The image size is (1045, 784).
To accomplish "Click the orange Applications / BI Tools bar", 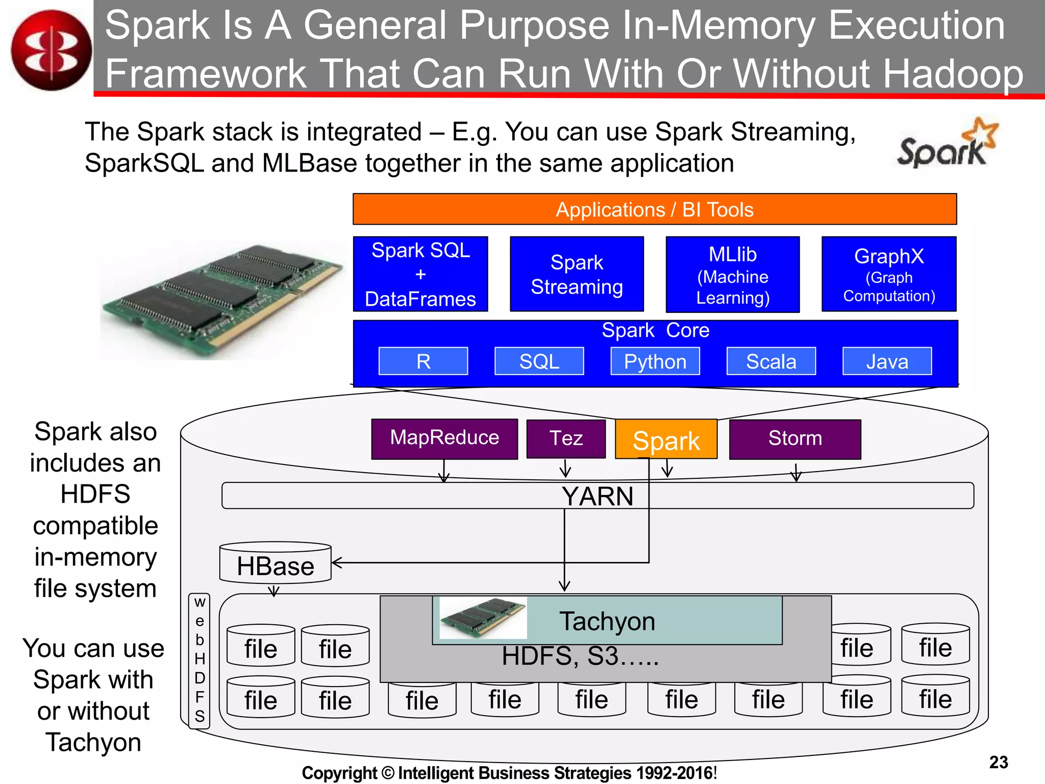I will (655, 209).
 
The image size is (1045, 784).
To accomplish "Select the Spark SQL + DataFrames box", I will (420, 274).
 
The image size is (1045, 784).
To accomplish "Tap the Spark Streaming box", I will (577, 274).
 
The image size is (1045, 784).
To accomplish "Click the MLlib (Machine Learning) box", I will (733, 275).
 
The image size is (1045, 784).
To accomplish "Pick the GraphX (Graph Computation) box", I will (889, 274).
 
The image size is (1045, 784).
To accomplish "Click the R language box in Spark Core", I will (423, 361).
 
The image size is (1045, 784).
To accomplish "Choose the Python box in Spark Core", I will (655, 361).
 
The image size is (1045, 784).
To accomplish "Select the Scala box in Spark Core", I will (771, 361).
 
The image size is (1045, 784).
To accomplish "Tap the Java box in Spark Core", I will (887, 361).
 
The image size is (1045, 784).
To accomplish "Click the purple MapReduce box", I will (444, 438).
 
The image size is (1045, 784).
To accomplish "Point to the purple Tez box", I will (566, 438).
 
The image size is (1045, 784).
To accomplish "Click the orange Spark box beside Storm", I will (666, 440).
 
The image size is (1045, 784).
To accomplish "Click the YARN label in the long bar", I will (598, 496).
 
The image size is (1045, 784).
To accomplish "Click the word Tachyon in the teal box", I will (607, 621).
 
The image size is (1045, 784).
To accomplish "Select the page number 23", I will (999, 762).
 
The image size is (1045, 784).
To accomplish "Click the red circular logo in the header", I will (51, 50).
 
